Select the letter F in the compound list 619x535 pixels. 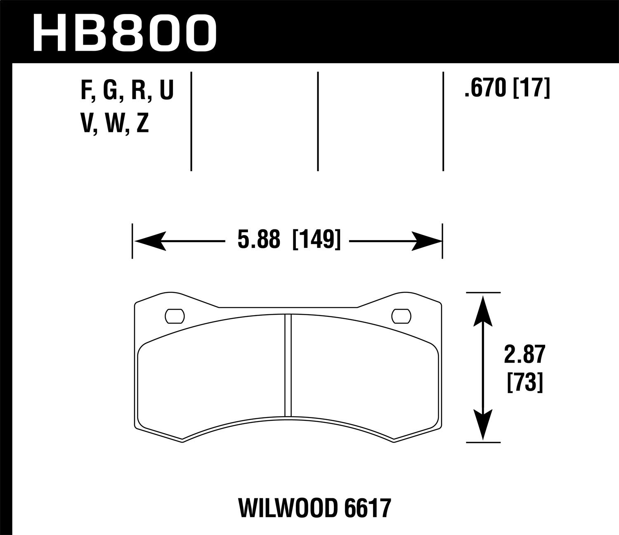tap(86, 91)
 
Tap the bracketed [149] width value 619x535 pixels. tap(317, 240)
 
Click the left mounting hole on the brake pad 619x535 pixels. tap(175, 316)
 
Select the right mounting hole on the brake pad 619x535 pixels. tap(402, 316)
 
